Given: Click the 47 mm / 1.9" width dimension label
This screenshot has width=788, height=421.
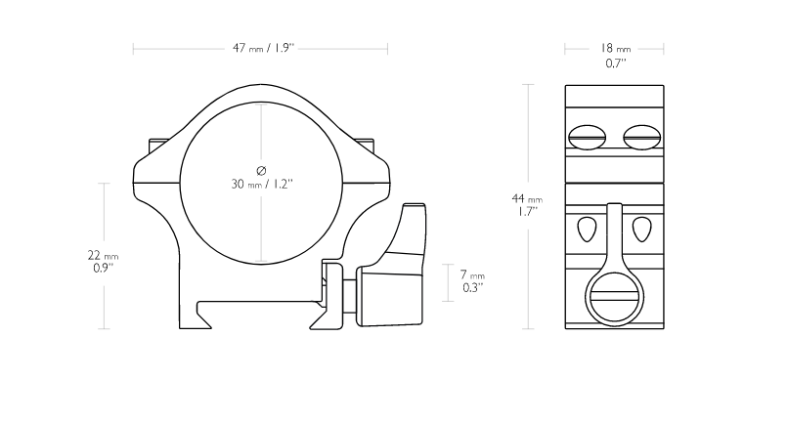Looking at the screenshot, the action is coord(263,48).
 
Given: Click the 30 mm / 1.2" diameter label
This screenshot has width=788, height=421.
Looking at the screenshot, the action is coord(262,184).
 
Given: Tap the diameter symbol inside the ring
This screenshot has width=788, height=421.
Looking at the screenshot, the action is coord(261,171).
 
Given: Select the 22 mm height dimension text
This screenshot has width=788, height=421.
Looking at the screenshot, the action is coord(103,256).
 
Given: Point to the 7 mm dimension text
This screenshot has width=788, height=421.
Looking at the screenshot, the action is coord(472,274).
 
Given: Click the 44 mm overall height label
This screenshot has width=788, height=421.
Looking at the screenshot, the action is coord(527,199).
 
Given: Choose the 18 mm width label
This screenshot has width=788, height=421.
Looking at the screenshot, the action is coord(615,48).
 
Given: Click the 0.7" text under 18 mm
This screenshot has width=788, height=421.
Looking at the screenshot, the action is coord(615,63).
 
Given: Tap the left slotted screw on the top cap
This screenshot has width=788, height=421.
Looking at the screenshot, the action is coord(587,137).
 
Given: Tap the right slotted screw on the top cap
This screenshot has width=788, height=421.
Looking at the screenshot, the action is coord(641,137).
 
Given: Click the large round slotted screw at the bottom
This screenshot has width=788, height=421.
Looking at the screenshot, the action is coord(614,297).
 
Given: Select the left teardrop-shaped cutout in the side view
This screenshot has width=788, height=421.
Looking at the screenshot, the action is coord(587,230).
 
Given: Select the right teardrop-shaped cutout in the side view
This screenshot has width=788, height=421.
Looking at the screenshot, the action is coord(641,230).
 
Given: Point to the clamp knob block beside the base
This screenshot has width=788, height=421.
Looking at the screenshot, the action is coord(389,296).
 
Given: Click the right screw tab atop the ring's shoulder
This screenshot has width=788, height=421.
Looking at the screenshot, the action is coord(366,147).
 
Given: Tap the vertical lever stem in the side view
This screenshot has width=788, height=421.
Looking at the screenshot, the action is coord(614,236).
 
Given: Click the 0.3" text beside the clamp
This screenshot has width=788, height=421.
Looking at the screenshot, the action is coord(473,288).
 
